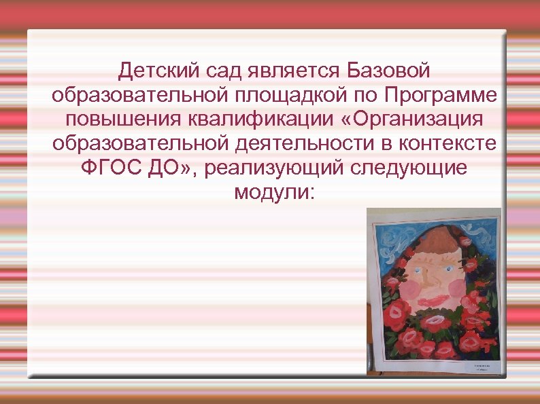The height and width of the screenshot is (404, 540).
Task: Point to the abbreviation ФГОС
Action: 109,168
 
